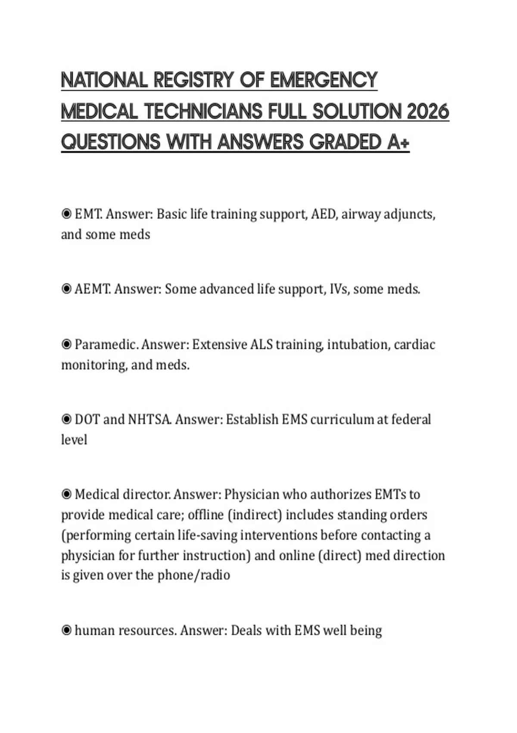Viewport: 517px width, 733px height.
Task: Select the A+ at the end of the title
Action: (398, 142)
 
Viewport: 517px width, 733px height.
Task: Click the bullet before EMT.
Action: (66, 214)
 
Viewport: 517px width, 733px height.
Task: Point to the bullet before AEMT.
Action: (66, 289)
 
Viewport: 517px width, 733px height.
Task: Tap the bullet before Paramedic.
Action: (66, 345)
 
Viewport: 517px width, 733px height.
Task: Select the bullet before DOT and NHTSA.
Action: (66, 419)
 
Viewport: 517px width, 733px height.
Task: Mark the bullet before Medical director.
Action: (66, 494)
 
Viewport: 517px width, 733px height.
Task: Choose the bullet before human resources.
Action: (66, 630)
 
